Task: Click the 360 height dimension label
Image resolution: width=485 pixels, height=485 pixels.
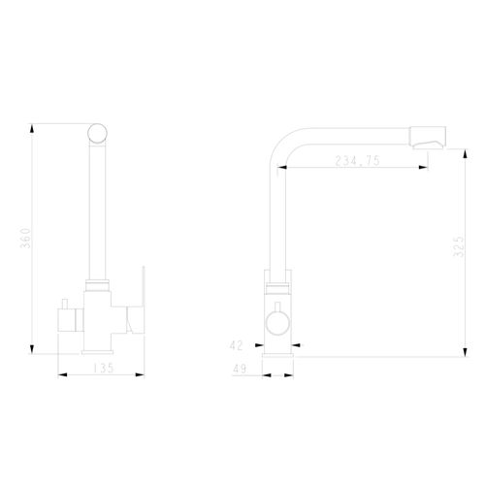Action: coord(25,238)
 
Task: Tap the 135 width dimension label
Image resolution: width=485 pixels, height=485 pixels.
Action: coord(104,368)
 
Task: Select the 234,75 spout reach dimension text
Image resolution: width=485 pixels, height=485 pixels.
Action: coord(357,161)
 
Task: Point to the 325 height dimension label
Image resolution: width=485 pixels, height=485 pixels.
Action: coord(458,246)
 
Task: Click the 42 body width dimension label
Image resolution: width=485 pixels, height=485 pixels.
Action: coord(236,345)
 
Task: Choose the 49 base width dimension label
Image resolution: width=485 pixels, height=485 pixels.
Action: coord(240,369)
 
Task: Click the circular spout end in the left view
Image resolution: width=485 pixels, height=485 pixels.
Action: coord(97,133)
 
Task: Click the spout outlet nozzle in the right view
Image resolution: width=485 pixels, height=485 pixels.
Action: coord(428,138)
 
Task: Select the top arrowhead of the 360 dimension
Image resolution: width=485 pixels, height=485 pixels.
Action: coord(32,129)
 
